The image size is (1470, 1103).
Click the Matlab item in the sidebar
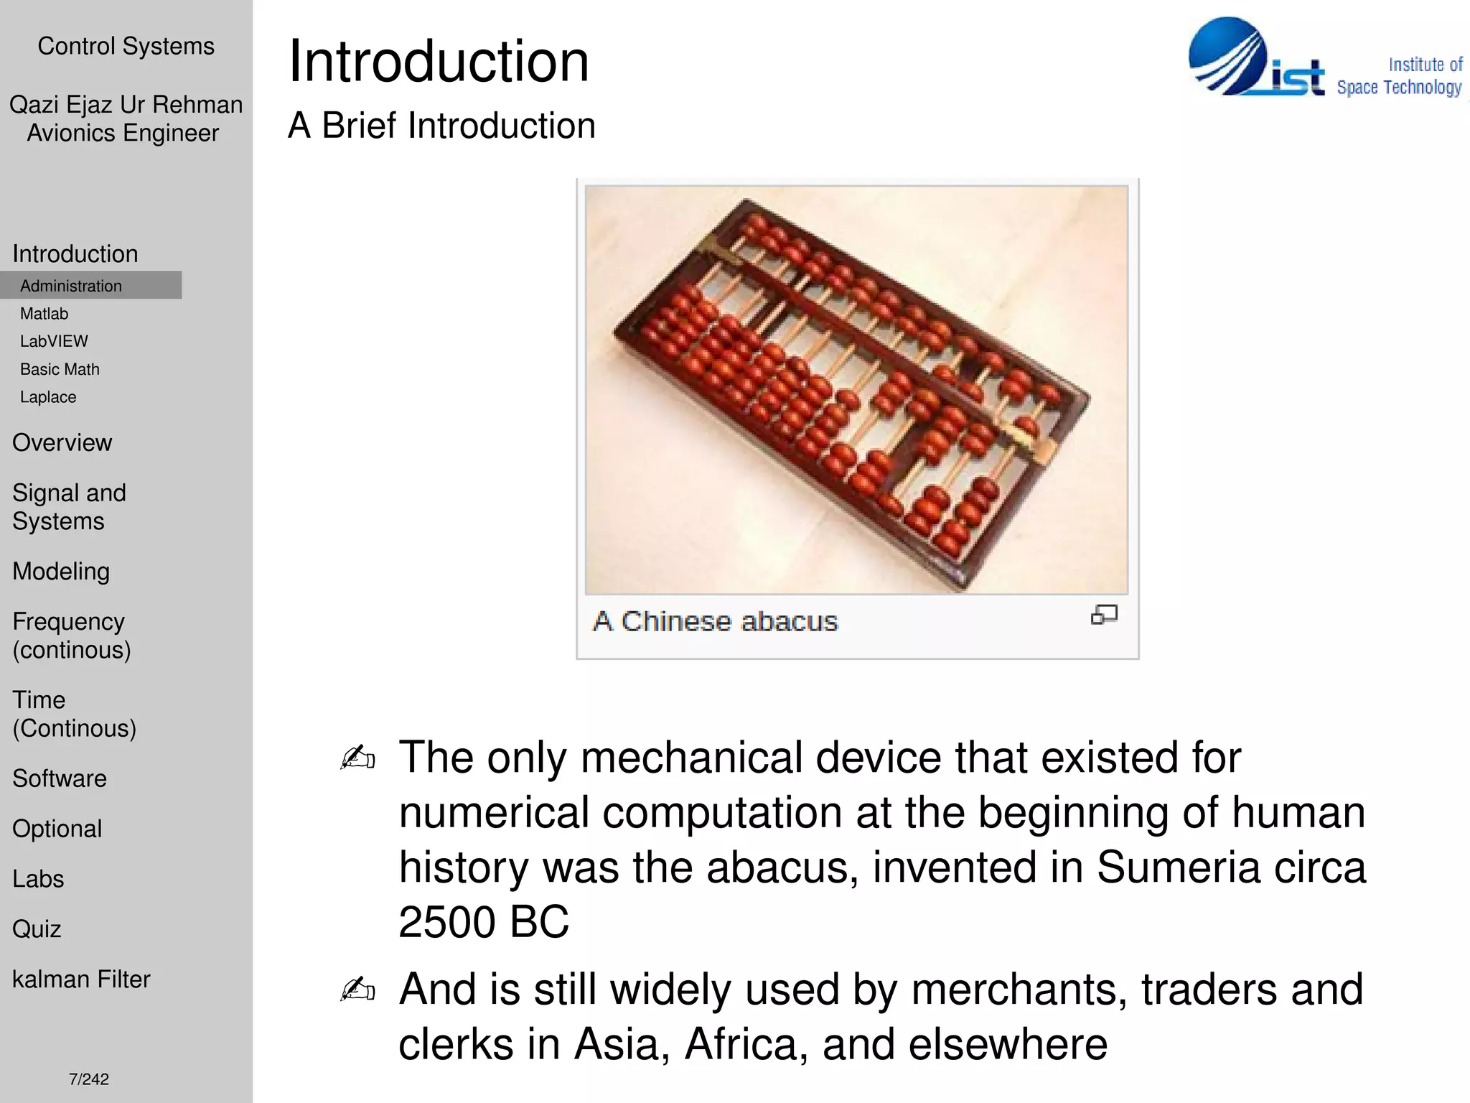point(45,314)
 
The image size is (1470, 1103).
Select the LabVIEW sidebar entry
point(54,341)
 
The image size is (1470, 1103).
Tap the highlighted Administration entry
point(71,286)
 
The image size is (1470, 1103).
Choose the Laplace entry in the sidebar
point(48,397)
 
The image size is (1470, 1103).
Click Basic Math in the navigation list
point(60,369)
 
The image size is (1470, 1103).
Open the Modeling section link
point(61,572)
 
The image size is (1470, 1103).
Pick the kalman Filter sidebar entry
point(81,979)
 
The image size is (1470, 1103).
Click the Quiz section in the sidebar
point(37,929)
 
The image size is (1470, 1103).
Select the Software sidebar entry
point(60,778)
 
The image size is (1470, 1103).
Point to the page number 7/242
point(89,1079)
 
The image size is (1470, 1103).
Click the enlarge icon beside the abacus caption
point(1104,615)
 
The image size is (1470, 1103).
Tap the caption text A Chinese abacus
point(715,621)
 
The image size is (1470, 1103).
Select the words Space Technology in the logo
point(1398,88)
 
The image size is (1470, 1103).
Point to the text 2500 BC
point(484,922)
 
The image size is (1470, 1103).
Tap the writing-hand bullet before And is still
point(357,990)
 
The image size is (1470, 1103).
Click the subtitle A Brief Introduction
point(441,126)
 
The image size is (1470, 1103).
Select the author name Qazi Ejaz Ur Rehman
point(126,105)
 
